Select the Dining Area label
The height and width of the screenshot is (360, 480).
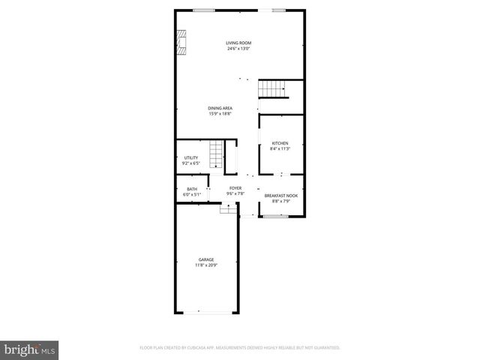click(220, 108)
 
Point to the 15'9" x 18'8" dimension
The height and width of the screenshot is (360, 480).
click(220, 114)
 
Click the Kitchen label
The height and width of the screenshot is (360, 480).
click(280, 143)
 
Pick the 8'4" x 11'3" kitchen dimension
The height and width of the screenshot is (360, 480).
click(280, 148)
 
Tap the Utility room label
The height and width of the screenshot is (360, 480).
click(190, 157)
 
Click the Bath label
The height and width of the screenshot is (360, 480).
click(192, 189)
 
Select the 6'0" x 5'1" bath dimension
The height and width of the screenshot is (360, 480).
click(192, 194)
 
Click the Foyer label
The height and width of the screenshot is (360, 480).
click(235, 188)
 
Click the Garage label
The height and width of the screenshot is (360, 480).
click(206, 259)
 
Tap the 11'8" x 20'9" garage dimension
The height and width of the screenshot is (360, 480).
click(206, 265)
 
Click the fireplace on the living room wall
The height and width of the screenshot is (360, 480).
click(181, 43)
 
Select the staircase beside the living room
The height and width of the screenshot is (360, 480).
click(274, 88)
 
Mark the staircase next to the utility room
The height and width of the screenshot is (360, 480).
click(216, 154)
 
